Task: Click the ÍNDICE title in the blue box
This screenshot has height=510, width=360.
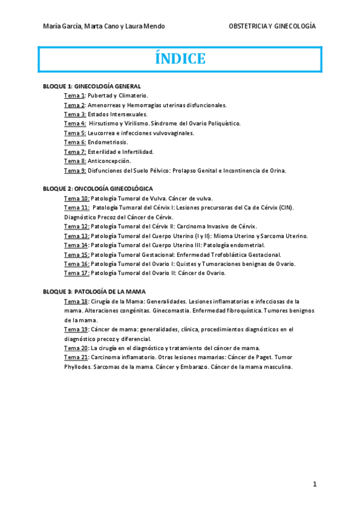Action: (180, 59)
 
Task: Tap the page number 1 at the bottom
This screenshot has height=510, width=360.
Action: (314, 484)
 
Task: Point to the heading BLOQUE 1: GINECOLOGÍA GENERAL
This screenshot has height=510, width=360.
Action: (92, 86)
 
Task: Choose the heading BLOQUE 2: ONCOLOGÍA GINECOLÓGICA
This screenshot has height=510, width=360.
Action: (99, 188)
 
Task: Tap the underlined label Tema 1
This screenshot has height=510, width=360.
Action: (75, 95)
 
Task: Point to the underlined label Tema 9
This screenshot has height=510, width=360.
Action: (75, 170)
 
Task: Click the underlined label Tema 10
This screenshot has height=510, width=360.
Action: (76, 198)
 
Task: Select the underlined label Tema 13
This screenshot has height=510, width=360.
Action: (76, 236)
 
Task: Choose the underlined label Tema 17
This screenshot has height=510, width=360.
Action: (76, 273)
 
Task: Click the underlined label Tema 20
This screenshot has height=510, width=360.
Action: (76, 348)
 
